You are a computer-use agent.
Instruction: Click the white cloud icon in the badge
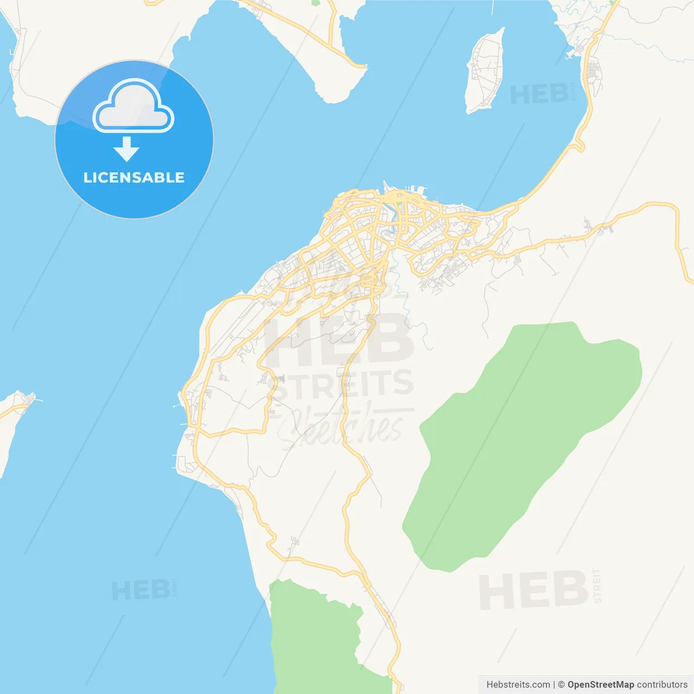pos(133,106)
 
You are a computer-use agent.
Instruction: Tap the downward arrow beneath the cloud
pos(126,149)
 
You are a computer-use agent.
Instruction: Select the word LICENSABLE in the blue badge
pos(134,177)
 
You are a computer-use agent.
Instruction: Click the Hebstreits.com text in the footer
pos(518,685)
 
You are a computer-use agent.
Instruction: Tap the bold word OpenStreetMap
pos(600,685)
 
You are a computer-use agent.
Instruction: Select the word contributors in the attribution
pos(662,685)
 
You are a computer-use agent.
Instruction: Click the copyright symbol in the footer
pos(561,685)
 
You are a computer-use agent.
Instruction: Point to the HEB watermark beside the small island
pos(539,95)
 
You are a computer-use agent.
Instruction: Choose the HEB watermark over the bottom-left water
pos(141,590)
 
